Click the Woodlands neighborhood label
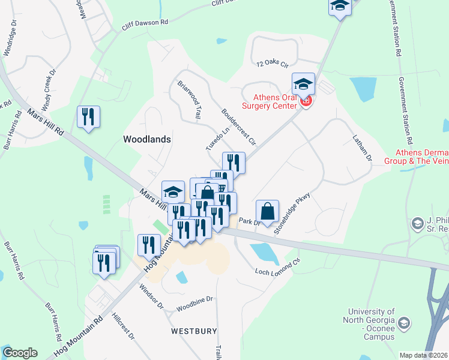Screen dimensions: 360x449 147,139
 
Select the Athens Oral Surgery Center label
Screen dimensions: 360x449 270,101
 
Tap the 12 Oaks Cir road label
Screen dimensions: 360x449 273,62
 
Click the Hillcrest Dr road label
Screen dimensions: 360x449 123,326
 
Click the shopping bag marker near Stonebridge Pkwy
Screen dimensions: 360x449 267,211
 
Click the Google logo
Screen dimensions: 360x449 20,353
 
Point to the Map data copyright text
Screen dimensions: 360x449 423,355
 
